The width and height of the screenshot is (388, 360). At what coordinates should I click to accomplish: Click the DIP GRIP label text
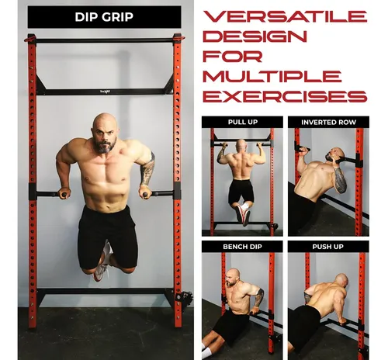104,17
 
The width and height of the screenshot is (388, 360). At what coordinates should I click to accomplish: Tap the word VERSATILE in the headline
285,16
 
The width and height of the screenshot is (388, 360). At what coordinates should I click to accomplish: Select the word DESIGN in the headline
255,36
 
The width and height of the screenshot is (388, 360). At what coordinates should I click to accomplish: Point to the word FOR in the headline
232,56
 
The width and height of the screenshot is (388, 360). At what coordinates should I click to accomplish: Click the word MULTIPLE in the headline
272,76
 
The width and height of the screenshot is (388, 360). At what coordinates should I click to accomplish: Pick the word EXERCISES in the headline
285,96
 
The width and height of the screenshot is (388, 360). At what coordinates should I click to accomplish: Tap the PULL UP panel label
243,122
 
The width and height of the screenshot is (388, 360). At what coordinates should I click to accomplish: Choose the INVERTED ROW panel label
328,122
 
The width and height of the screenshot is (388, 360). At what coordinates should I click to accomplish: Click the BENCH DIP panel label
242,247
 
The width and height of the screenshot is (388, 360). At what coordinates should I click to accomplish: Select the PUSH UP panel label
327,247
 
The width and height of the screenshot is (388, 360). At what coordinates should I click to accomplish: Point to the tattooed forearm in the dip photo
147,169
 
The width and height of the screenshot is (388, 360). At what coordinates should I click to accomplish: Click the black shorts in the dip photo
107,237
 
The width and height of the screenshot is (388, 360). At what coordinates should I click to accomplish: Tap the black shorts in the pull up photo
241,192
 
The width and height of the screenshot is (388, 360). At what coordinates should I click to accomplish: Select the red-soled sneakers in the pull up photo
242,213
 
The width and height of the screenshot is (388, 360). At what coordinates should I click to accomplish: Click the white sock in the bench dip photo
206,351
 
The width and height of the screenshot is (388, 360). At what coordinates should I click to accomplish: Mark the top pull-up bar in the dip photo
105,40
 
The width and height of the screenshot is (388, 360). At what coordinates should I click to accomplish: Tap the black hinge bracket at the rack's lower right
184,296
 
